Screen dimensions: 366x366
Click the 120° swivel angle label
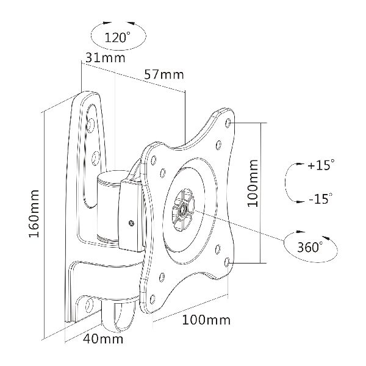(117, 37)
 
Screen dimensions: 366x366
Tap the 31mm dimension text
(106, 58)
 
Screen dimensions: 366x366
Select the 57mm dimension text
(164, 74)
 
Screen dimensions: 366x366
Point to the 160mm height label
(34, 213)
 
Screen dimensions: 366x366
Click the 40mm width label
(103, 339)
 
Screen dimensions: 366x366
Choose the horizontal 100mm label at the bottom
(206, 320)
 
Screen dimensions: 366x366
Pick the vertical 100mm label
(253, 183)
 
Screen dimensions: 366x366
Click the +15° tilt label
(321, 165)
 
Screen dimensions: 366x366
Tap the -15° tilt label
(320, 199)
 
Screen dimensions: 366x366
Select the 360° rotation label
(310, 246)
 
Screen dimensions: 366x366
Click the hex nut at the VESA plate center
(183, 209)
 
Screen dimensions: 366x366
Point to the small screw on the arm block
(131, 223)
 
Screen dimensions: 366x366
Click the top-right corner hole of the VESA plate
(228, 123)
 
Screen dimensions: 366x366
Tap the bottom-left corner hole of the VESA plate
(152, 299)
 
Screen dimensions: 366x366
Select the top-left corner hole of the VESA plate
(154, 160)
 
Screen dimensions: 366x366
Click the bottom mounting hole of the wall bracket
(89, 304)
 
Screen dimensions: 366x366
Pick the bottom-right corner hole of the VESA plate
(227, 262)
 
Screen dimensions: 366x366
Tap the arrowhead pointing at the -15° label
(300, 201)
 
